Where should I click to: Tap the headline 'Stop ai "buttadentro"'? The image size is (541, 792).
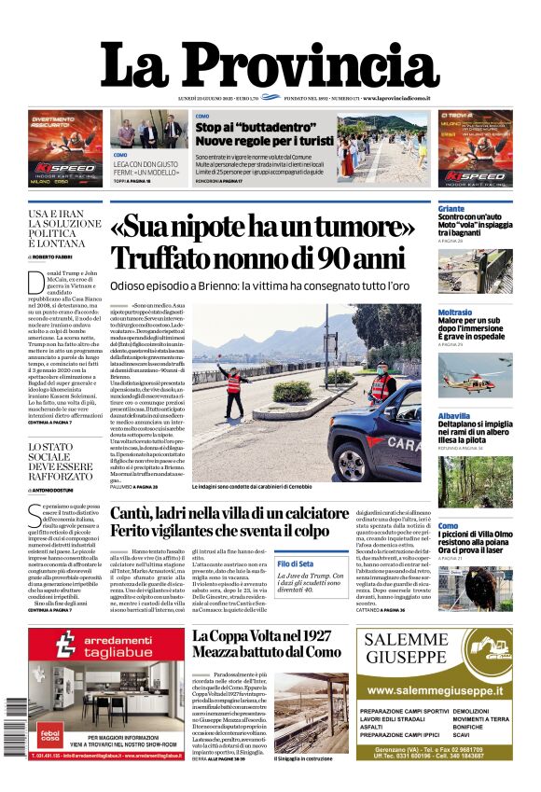pos(252,127)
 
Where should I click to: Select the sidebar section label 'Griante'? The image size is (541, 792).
pos(451,209)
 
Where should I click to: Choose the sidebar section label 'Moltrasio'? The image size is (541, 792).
pos(454,313)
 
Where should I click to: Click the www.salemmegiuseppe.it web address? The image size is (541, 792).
pos(434,691)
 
